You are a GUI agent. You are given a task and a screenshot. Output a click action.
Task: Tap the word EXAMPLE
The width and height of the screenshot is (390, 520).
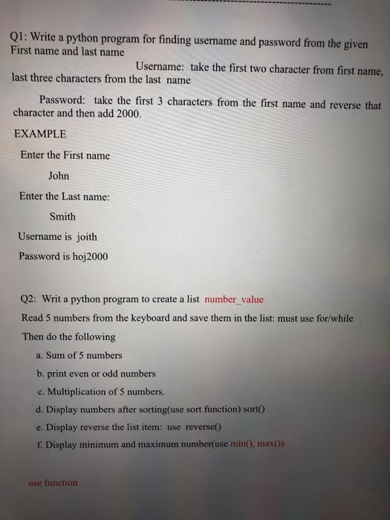pyautogui.click(x=40, y=134)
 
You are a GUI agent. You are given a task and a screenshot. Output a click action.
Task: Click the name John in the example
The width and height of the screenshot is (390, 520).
pyautogui.click(x=59, y=176)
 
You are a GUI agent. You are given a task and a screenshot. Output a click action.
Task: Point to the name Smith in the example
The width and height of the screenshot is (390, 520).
pyautogui.click(x=62, y=217)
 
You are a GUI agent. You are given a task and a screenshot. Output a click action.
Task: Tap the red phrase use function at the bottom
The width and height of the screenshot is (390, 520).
pyautogui.click(x=53, y=483)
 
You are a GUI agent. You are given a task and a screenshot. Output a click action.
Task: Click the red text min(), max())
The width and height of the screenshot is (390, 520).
pyautogui.click(x=252, y=444)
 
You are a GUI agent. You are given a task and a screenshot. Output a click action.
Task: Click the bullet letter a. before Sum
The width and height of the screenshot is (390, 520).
pyautogui.click(x=39, y=355)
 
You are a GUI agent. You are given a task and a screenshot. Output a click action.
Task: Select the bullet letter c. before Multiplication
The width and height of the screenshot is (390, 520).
pyautogui.click(x=39, y=391)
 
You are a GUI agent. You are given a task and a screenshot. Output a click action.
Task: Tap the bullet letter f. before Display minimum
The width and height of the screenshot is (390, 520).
pyautogui.click(x=38, y=444)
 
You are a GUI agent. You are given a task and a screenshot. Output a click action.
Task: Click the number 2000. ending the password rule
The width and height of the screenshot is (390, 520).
pyautogui.click(x=126, y=115)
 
